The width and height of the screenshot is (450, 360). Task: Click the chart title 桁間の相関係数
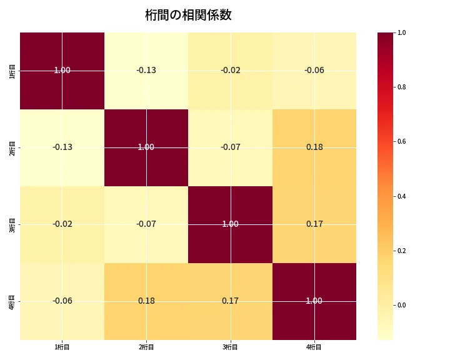188,15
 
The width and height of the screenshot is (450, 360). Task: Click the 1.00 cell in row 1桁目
62,71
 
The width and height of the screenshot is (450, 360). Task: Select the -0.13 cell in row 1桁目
146,71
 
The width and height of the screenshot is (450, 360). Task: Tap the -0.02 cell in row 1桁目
230,71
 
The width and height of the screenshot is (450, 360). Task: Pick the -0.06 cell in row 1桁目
314,71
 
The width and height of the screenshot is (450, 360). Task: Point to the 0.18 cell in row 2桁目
314,147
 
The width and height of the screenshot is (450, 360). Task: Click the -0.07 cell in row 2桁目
230,147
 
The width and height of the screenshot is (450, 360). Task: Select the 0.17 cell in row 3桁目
314,224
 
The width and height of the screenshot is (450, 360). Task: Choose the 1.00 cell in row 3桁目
230,224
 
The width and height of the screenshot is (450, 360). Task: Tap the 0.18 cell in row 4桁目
146,301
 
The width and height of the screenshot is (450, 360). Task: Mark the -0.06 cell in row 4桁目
62,301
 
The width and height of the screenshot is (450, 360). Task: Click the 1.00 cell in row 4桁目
314,301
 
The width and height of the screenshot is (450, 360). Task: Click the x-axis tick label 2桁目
146,347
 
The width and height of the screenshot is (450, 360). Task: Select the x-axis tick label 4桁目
314,347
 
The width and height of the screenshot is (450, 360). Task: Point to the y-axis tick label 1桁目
12,71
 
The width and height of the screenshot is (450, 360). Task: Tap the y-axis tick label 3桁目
12,224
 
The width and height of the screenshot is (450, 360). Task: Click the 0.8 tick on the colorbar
401,87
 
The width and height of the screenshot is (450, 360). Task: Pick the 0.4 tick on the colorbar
401,196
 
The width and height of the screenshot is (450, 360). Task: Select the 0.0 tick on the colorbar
401,306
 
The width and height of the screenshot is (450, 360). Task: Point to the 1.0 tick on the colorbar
401,32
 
